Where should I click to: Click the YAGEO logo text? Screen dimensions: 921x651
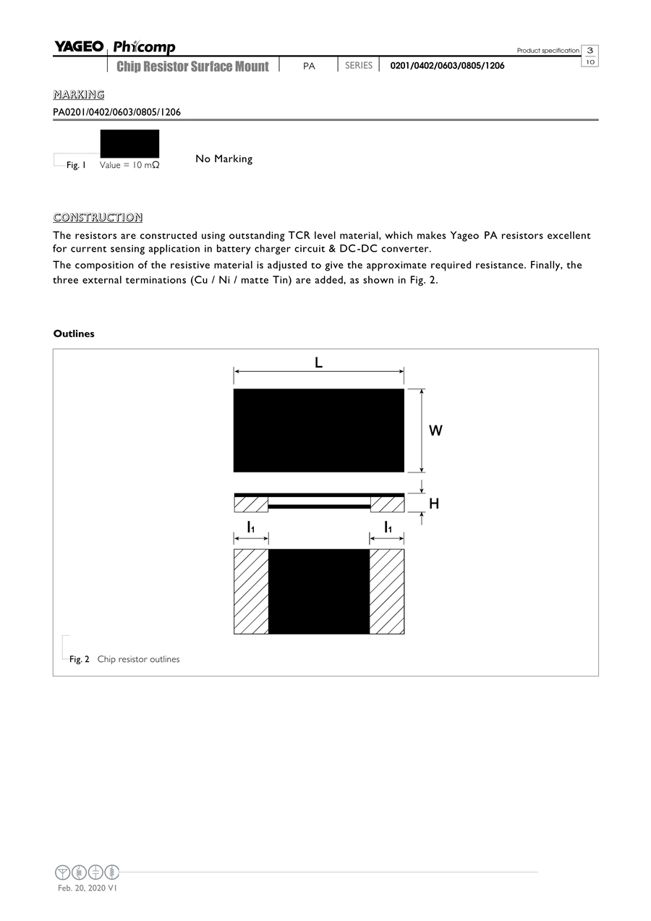click(79, 47)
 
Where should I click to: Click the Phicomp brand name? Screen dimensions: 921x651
click(144, 48)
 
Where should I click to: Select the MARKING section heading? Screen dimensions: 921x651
click(79, 95)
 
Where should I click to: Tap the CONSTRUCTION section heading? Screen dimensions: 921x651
click(98, 218)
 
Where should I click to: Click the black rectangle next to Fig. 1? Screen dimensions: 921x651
click(129, 143)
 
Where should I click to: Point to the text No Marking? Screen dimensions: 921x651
click(224, 159)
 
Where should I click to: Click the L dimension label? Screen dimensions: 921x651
click(318, 363)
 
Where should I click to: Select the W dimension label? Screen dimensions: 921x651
click(435, 431)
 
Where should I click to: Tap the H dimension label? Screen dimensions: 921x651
click(434, 504)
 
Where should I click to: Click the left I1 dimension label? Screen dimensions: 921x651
click(250, 527)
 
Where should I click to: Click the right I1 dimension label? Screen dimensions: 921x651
click(388, 527)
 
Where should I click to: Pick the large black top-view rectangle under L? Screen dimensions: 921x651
click(318, 430)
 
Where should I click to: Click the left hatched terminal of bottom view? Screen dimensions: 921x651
click(251, 592)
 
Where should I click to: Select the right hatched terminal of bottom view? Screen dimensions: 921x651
click(387, 592)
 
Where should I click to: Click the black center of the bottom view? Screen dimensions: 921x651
click(319, 592)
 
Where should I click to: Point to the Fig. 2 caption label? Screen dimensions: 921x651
click(79, 659)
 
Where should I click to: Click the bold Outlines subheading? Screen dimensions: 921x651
click(74, 334)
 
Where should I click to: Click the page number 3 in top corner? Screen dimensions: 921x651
click(590, 50)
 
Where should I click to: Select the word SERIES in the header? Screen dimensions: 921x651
click(359, 66)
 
